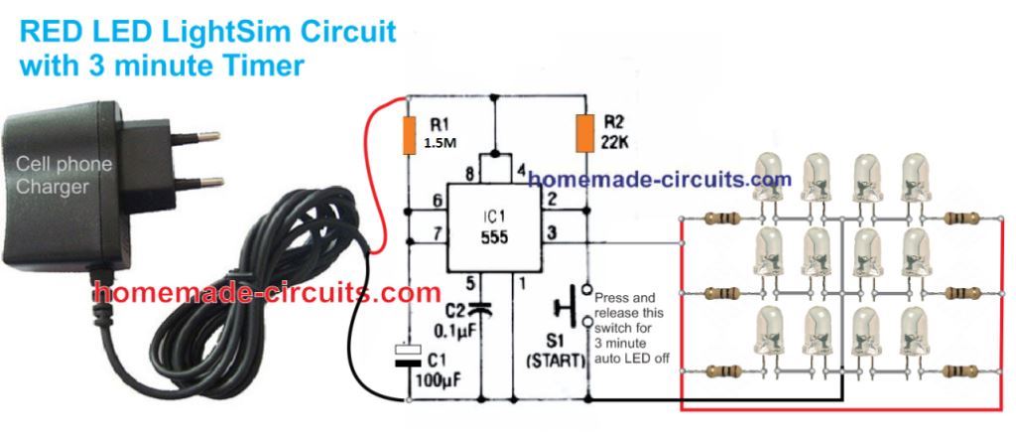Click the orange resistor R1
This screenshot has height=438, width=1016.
point(409,135)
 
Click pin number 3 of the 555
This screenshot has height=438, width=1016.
point(553,233)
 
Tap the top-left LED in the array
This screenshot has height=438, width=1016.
point(770,180)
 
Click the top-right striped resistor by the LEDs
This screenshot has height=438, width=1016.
point(960,218)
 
